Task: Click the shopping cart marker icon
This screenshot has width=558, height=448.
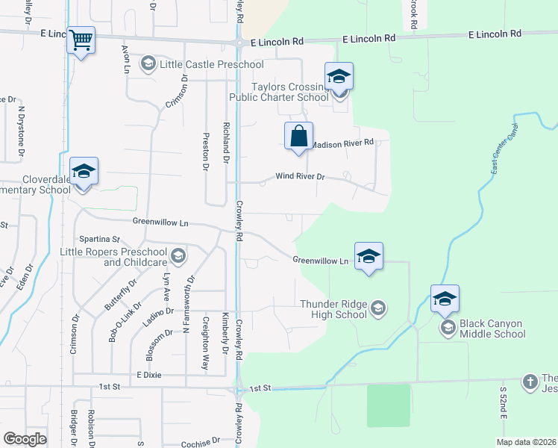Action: tap(81, 40)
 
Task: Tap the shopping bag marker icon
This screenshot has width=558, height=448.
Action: tap(298, 136)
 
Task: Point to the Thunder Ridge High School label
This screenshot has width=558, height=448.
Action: tap(333, 309)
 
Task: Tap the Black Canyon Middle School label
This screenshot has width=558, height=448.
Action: tap(492, 329)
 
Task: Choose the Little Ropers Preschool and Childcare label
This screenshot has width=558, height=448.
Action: tap(112, 258)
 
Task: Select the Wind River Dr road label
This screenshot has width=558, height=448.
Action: tap(301, 177)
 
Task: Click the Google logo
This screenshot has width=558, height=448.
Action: tap(25, 438)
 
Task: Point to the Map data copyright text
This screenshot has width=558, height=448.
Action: tap(526, 442)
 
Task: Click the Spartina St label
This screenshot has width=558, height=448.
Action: tap(105, 239)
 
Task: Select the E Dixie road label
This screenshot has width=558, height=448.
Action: tap(149, 374)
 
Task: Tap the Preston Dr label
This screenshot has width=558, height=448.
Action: tap(205, 151)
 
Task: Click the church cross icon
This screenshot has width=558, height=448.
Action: tap(530, 381)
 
